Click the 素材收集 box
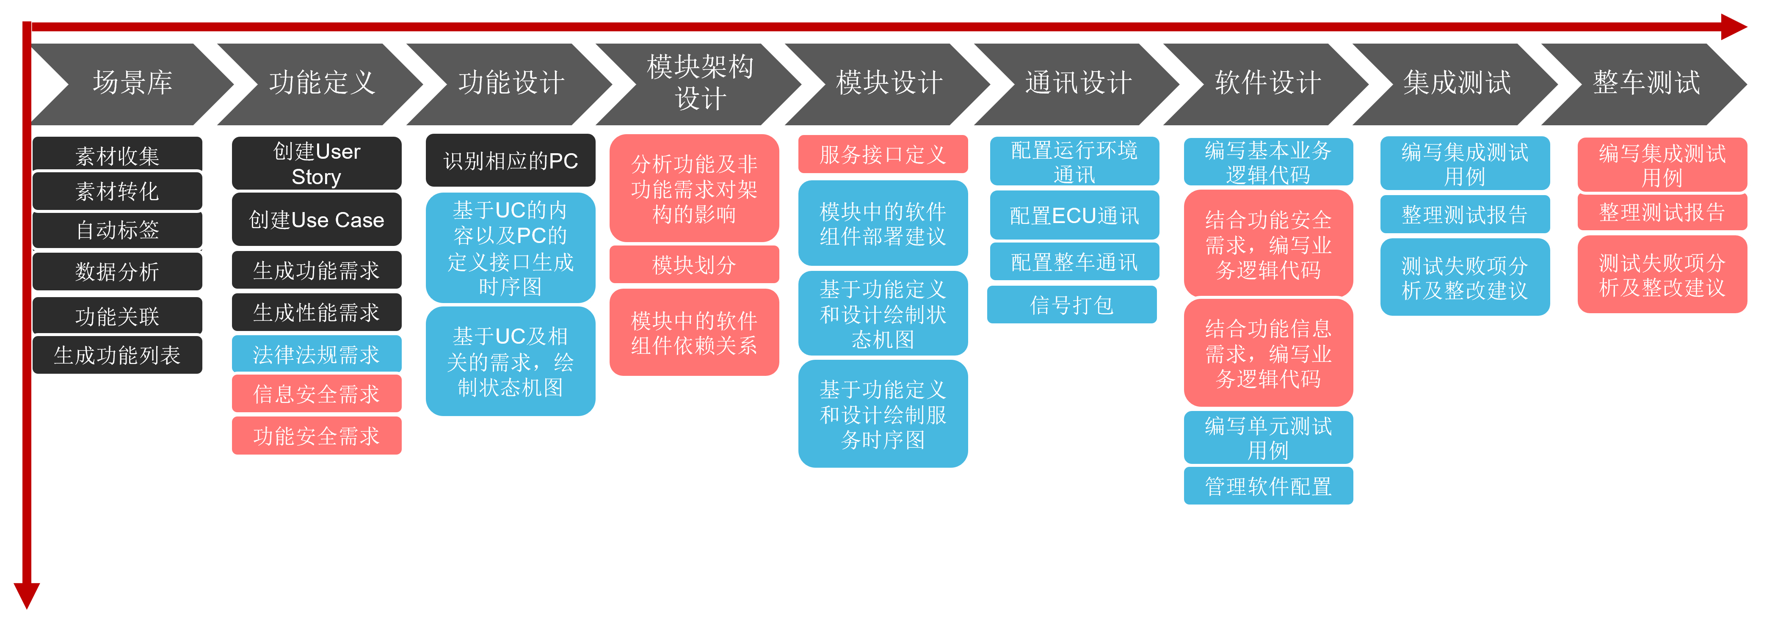(x=118, y=155)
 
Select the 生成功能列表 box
(x=118, y=356)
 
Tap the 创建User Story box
(x=316, y=164)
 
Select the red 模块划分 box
(x=694, y=265)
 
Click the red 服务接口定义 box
(x=883, y=154)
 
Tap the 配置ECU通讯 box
(x=1074, y=215)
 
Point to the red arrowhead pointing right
(x=1734, y=27)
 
